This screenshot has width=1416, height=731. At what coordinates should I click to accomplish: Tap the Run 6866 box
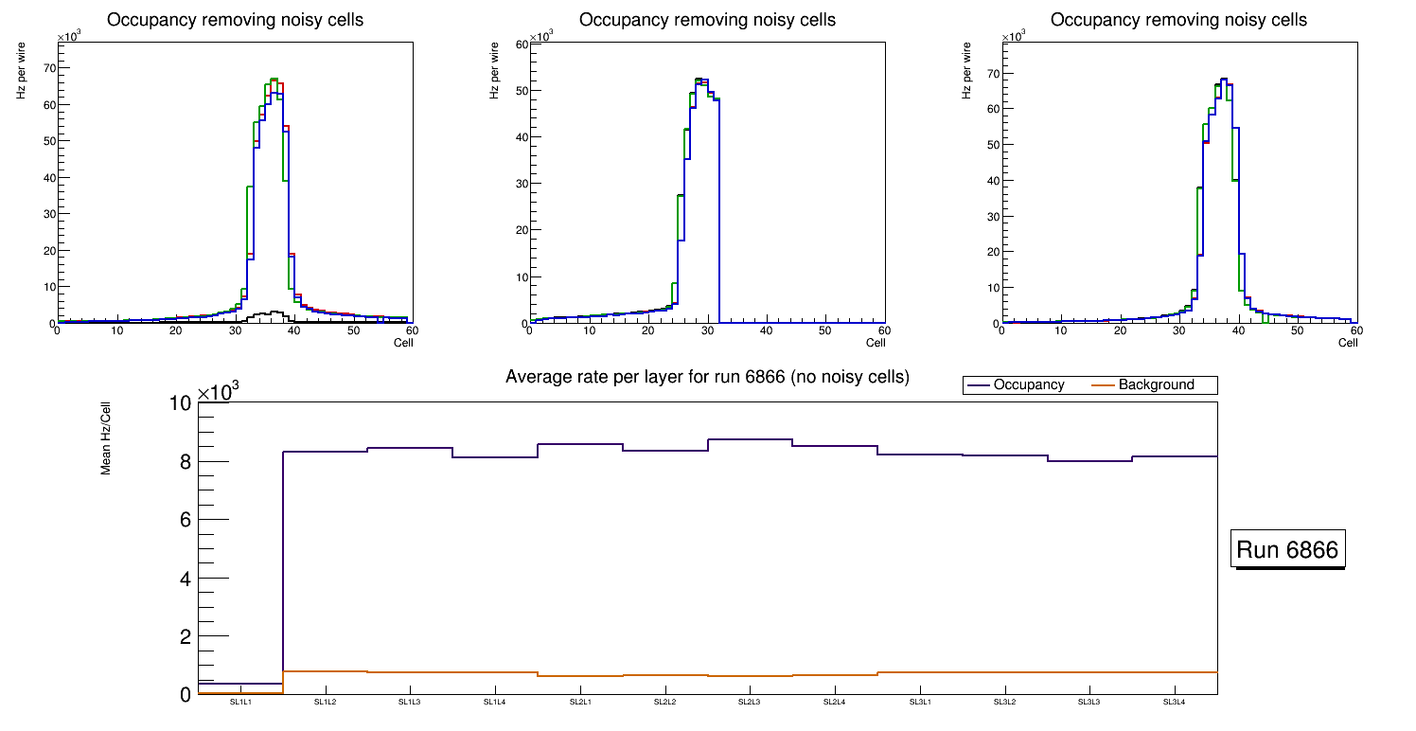(x=1288, y=550)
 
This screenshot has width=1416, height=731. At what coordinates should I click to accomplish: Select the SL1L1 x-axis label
(x=240, y=703)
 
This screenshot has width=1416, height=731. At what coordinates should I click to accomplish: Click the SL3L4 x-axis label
(x=1174, y=703)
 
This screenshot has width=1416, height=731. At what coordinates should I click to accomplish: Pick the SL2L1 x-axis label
(x=579, y=703)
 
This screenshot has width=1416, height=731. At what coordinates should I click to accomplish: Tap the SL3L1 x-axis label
(x=919, y=703)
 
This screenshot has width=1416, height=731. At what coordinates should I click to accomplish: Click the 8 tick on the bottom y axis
(x=185, y=462)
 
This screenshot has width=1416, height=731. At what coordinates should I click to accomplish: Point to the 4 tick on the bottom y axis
(x=185, y=579)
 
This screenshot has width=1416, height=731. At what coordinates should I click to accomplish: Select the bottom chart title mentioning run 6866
(x=707, y=377)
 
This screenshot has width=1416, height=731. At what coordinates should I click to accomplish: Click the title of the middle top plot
(x=707, y=20)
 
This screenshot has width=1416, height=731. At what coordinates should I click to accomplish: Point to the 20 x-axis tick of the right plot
(x=1120, y=330)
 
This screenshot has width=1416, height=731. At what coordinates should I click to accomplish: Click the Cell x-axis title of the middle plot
(x=876, y=342)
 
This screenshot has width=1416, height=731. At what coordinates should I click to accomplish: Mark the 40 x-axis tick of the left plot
(x=294, y=330)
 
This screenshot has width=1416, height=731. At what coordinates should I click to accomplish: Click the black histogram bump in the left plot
(x=275, y=312)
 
